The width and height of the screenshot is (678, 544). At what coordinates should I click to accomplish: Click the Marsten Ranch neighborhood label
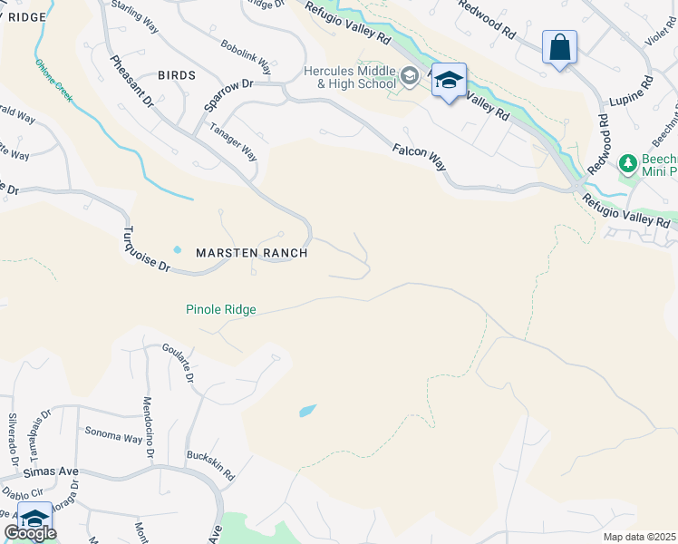[x=252, y=253]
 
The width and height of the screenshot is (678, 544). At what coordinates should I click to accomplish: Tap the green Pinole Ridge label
[x=221, y=310]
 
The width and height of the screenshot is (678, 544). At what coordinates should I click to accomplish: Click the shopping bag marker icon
[x=559, y=47]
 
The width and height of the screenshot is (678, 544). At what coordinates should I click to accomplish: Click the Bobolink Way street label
[x=246, y=55]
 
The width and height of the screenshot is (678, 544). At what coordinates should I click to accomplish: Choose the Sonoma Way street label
[x=113, y=434]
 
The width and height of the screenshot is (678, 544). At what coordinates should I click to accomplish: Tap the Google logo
[x=30, y=533]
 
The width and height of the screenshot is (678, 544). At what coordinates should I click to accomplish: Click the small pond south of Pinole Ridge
[x=308, y=411]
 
